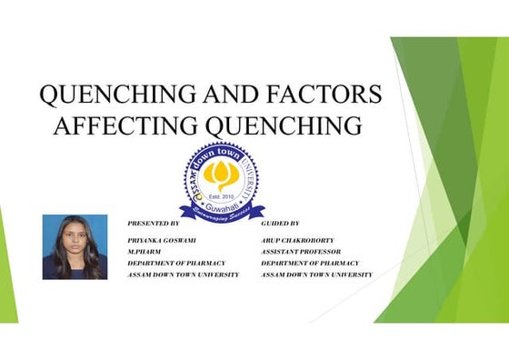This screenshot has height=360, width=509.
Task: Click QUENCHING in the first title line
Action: tap(112, 95)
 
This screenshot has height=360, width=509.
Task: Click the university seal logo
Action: tap(222, 181)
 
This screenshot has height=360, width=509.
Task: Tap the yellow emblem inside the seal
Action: tap(222, 174)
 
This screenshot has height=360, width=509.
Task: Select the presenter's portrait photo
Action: tap(75, 246)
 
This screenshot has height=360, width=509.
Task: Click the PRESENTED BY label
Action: tap(154, 223)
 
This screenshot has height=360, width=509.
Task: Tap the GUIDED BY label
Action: tap(286, 223)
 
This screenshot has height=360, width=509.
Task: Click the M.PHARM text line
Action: tap(145, 250)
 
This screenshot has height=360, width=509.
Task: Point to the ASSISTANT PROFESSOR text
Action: tap(301, 250)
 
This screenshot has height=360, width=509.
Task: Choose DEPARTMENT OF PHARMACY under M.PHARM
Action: tap(176, 263)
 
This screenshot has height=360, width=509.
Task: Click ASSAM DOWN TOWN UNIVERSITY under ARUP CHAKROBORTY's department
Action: tap(316, 275)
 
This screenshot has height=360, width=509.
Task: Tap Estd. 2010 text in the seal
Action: tap(222, 195)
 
